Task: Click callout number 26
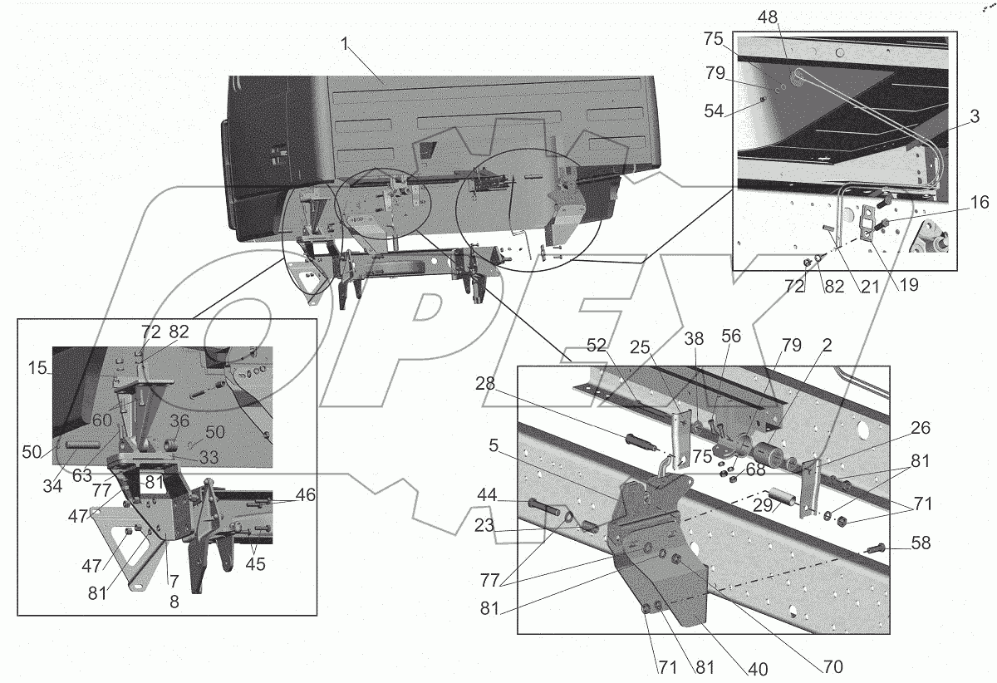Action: pos(919,429)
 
